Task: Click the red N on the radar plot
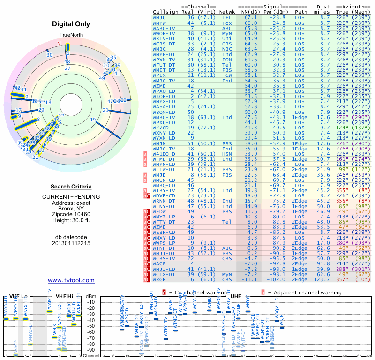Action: [x=59, y=44]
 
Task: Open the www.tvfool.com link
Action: [x=71, y=280]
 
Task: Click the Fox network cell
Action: [x=227, y=22]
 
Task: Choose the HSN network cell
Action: [x=227, y=153]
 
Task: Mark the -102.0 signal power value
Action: [x=277, y=279]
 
